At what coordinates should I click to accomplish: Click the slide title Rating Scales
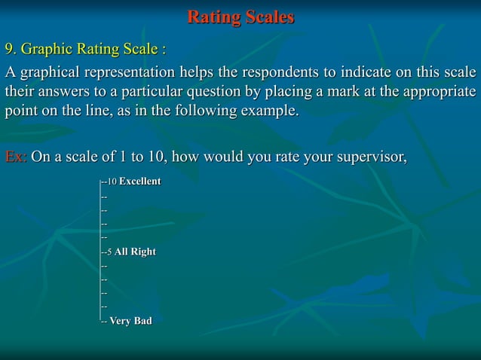[240, 17]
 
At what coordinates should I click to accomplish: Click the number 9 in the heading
[10, 50]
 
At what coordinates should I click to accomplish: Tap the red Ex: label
[16, 158]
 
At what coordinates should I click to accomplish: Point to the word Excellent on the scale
[139, 182]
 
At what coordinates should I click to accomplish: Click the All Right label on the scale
[135, 252]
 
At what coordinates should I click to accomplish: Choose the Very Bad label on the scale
[130, 322]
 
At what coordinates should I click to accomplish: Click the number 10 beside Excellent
[112, 183]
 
